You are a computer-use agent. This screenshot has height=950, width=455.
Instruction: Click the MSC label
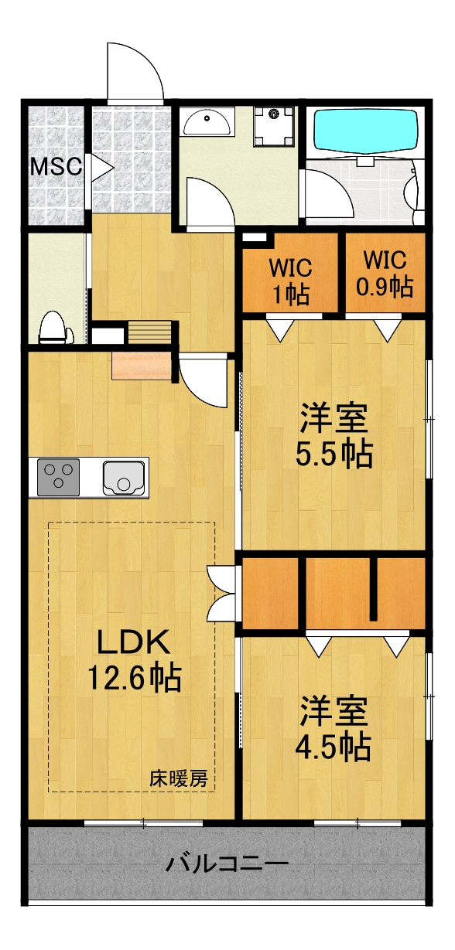pyautogui.click(x=56, y=166)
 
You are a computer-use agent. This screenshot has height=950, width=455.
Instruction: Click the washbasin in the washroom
pyautogui.click(x=208, y=122)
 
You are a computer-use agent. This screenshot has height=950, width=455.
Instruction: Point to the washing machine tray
pyautogui.click(x=275, y=125)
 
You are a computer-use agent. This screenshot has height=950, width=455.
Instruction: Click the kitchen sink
pyautogui.click(x=124, y=477)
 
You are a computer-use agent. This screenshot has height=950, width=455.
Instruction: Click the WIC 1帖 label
pyautogui.click(x=290, y=280)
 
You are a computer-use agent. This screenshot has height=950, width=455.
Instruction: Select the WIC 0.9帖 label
pyautogui.click(x=385, y=275)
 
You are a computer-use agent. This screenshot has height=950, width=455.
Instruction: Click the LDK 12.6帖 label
pyautogui.click(x=133, y=659)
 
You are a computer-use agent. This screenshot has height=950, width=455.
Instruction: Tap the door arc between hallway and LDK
pyautogui.click(x=204, y=380)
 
